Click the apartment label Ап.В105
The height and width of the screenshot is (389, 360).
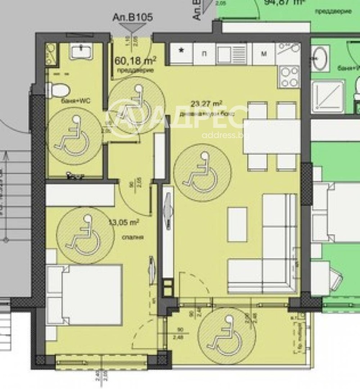coord(132,18)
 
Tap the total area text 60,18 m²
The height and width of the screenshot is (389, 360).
coord(135,60)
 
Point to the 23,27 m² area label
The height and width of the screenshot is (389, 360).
coord(206,104)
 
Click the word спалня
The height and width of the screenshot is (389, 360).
coord(129,237)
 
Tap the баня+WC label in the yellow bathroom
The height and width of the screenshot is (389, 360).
coord(76,102)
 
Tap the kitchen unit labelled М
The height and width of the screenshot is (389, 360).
coord(264,54)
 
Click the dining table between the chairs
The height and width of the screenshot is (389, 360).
coord(272,137)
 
